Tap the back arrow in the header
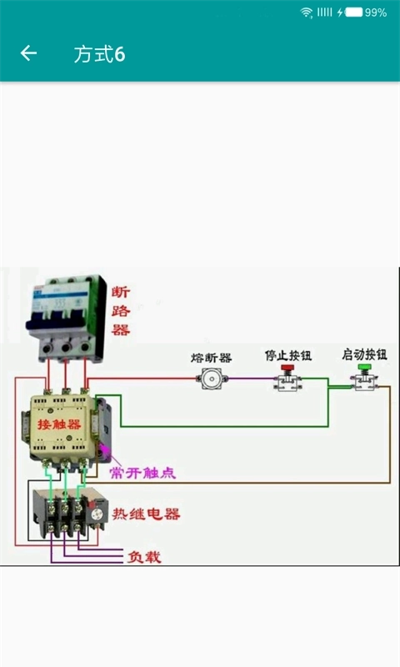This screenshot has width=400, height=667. tap(28, 53)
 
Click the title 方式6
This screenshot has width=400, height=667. tap(99, 54)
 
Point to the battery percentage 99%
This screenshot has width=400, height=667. tap(376, 13)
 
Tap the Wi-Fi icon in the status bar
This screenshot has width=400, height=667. tap(307, 13)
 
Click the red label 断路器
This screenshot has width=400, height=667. tap(121, 311)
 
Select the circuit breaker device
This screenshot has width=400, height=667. tap(67, 317)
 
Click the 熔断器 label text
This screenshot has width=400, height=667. tap(211, 358)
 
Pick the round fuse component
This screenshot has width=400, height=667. tap(212, 379)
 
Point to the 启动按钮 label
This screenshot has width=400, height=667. tap(364, 354)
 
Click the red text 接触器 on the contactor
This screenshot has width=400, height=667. tap(59, 424)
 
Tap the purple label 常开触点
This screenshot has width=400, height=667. tap(142, 473)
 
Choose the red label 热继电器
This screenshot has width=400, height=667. tap(147, 514)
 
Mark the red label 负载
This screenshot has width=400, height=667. tap(143, 556)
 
